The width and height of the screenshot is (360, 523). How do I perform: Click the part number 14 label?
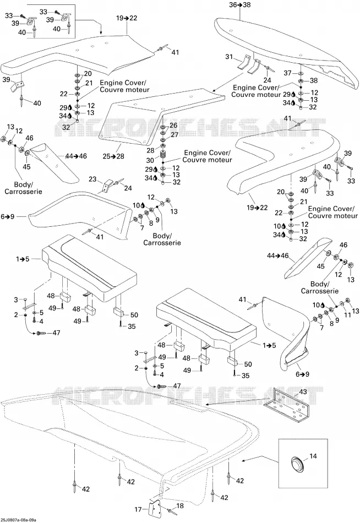tap(313, 456)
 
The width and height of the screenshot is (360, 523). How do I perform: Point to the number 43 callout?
tap(303, 392)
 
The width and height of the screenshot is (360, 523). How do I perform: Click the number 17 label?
tap(138, 509)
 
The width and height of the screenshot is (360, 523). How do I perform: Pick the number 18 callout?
tap(180, 506)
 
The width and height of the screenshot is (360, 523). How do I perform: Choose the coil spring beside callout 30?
tap(163, 155)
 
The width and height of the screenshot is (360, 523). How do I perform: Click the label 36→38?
tap(239, 4)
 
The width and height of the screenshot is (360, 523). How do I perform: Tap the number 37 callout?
tap(287, 73)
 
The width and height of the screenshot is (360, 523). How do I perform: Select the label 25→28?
tap(113, 156)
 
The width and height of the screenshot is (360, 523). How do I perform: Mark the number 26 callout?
tap(173, 126)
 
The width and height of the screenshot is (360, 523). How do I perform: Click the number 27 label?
tap(174, 135)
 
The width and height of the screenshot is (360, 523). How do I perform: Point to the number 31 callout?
tap(229, 57)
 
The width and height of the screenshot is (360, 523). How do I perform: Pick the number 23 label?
tap(92, 179)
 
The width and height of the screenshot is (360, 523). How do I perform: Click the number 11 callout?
tap(348, 314)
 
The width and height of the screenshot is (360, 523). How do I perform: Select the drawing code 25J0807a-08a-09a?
tap(18, 520)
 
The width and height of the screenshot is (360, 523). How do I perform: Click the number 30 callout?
tap(150, 160)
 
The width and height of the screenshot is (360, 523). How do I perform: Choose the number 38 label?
tap(314, 80)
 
